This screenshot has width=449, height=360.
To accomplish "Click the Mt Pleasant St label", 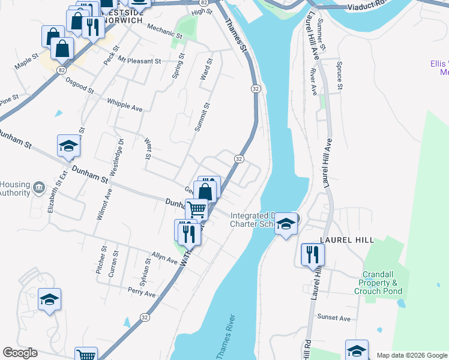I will [140, 61].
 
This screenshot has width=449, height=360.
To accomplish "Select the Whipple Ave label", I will [125, 105].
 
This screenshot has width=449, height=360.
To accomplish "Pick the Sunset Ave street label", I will [334, 318].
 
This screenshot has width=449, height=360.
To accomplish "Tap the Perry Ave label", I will [142, 293].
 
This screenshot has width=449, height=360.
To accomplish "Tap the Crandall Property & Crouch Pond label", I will [382, 283].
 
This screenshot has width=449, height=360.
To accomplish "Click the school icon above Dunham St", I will [69, 146].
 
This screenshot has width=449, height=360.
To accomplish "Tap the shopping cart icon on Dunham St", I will [196, 210].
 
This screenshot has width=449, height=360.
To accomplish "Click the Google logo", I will [20, 353].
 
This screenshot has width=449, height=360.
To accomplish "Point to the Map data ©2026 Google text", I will [411, 355].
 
